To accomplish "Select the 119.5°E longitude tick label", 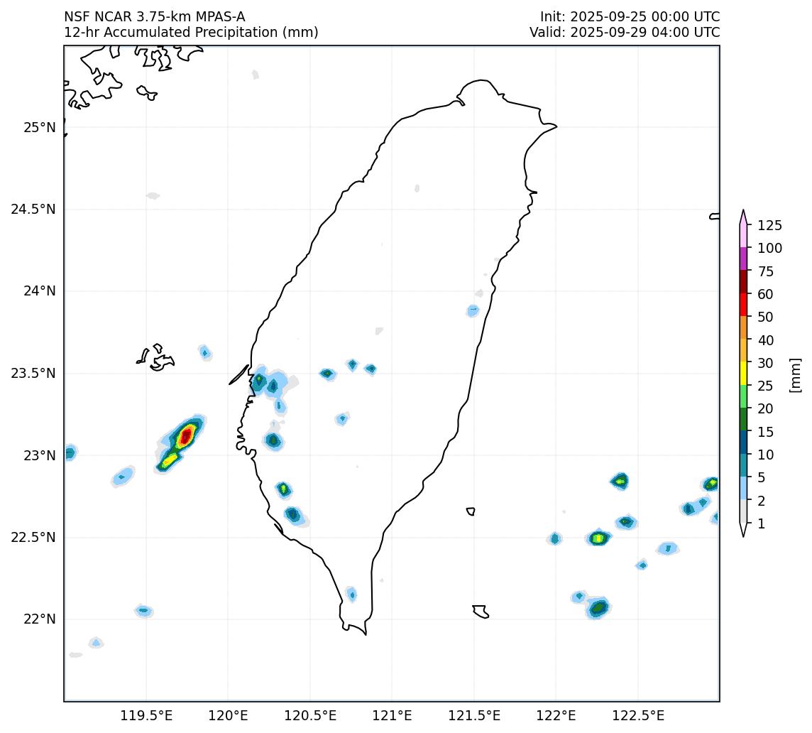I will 146,715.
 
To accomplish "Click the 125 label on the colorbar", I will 770,226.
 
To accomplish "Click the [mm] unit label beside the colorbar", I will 796,374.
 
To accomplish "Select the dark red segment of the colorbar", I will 743,282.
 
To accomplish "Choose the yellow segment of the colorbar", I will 743,374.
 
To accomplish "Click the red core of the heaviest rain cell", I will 186,435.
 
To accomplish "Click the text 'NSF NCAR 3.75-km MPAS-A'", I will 154,17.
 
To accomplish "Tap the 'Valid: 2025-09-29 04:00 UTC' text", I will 624,32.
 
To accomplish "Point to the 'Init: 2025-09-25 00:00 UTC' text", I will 630,17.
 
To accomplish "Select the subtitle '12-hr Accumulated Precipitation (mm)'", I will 191,32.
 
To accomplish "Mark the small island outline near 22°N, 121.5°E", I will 481,612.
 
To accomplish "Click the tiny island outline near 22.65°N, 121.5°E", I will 471,511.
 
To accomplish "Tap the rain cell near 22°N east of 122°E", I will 598,608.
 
